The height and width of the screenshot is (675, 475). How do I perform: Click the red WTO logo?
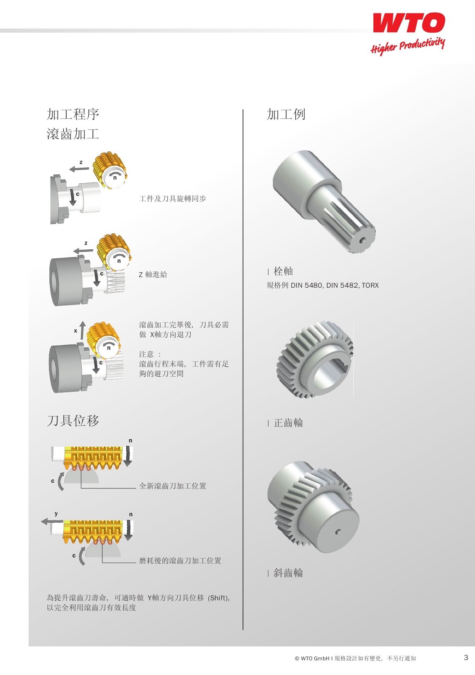[x=409, y=22]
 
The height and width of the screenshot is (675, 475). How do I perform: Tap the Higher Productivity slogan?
[x=408, y=46]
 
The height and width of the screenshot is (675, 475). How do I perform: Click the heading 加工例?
[x=286, y=115]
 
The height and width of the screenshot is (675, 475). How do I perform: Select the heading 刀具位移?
[x=73, y=421]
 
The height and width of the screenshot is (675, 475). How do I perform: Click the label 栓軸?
[x=283, y=271]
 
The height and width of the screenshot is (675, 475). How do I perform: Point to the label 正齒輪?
[x=288, y=423]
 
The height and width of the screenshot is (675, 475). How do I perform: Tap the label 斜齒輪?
[x=288, y=573]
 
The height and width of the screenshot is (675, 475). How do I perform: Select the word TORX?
[x=370, y=285]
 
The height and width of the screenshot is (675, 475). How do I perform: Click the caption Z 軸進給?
[x=153, y=275]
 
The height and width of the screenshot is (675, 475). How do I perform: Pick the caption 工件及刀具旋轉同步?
[x=172, y=199]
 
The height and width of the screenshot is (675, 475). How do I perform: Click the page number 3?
[x=466, y=657]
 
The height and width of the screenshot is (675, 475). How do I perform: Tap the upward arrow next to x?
[x=83, y=330]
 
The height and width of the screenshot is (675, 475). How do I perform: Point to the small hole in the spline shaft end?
[x=362, y=240]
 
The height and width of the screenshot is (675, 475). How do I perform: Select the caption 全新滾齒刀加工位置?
[x=172, y=486]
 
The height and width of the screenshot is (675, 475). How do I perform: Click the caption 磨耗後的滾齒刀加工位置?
[x=180, y=560]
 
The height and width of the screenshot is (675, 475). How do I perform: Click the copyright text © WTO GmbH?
[x=312, y=658]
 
